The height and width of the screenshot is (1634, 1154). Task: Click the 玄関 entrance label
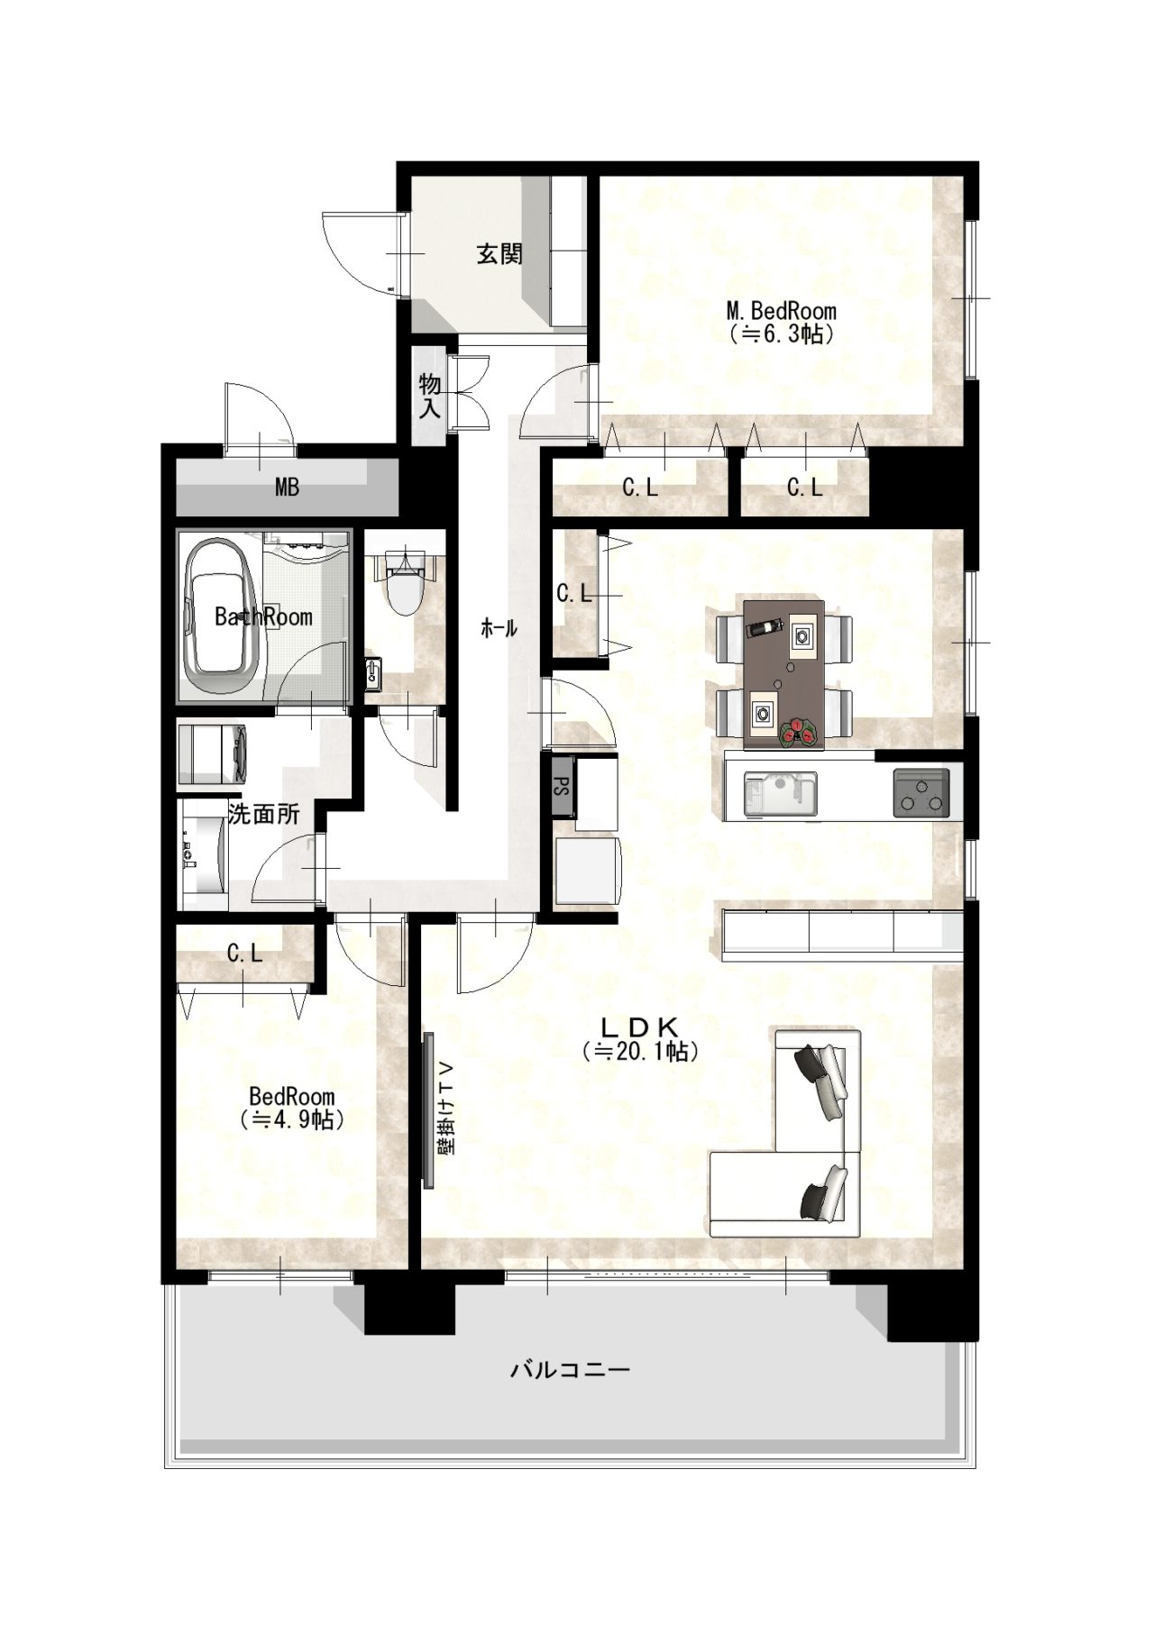(499, 254)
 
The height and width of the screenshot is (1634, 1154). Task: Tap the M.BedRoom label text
(782, 311)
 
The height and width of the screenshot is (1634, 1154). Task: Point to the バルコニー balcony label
(570, 1371)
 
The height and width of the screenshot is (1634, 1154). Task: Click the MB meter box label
(287, 488)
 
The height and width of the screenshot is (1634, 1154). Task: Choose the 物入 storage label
(430, 397)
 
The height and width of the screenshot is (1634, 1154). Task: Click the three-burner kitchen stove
(921, 793)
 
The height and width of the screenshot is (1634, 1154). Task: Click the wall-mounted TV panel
(428, 1110)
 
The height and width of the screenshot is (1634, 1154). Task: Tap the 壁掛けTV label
(448, 1109)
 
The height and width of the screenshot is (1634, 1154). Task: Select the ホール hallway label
(499, 629)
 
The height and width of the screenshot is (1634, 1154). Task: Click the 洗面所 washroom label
(263, 814)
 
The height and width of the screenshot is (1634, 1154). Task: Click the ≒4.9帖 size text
(292, 1119)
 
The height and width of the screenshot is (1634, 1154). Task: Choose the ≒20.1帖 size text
(640, 1051)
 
